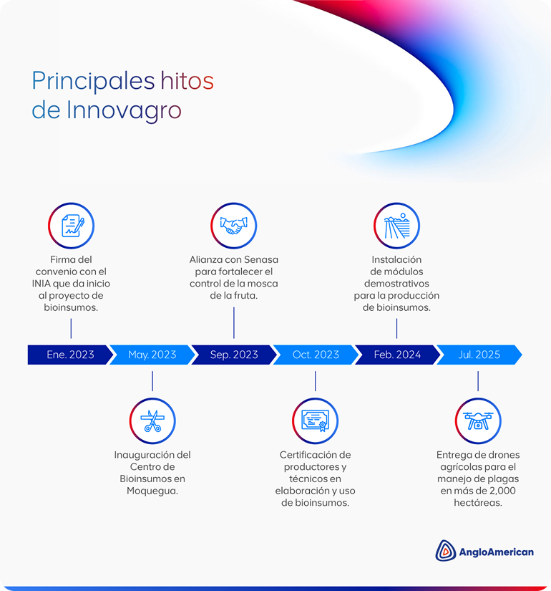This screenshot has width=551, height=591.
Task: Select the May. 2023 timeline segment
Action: pos(152,355)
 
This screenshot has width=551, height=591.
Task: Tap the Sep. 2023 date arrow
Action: pos(234,355)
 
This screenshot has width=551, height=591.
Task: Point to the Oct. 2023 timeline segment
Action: pos(316,355)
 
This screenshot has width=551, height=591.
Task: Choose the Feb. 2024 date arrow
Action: pos(397,355)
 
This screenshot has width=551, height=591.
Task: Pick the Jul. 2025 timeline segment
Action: pos(479,355)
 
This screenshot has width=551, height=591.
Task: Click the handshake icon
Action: pos(233,226)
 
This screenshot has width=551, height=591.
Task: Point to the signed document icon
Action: pos(71,226)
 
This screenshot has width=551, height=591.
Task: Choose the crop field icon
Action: pos(396,226)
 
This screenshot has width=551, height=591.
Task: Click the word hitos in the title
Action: pos(187,81)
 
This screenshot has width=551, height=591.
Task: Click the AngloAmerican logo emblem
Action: pos(446,550)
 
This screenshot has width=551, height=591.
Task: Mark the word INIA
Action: pos(48,284)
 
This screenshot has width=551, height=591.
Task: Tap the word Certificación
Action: pos(315,454)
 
